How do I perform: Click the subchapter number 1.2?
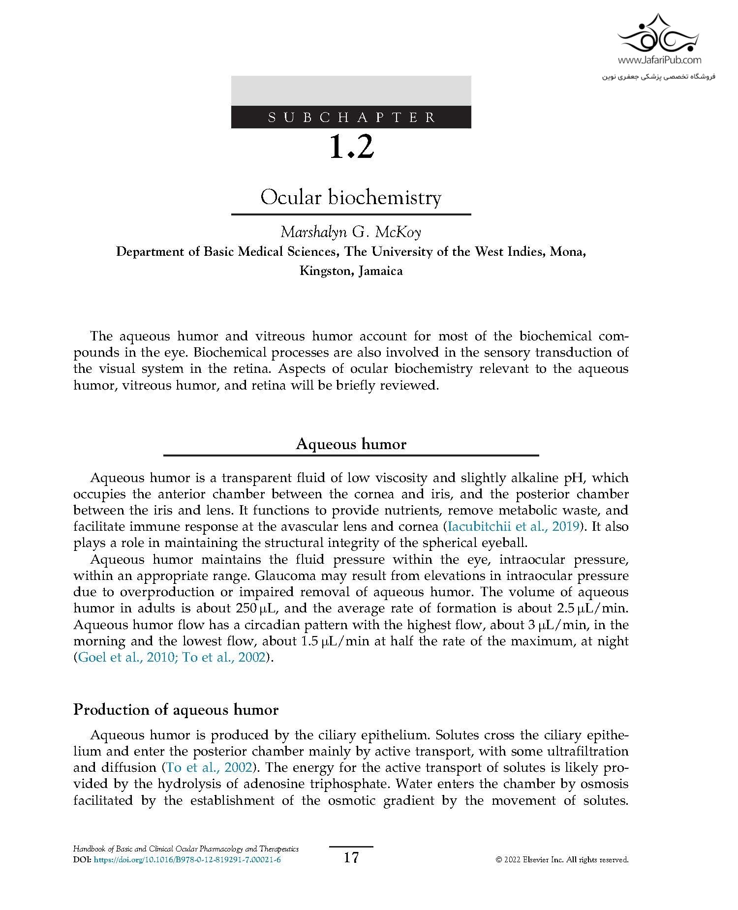[351, 147]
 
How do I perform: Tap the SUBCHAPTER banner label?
[351, 118]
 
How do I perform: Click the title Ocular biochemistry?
[351, 198]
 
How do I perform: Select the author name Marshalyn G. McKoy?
[351, 232]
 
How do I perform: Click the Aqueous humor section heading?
[351, 444]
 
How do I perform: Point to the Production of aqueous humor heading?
[176, 710]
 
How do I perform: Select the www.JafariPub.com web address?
[659, 61]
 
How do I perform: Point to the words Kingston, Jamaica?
[351, 271]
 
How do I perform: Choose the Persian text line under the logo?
[659, 77]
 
